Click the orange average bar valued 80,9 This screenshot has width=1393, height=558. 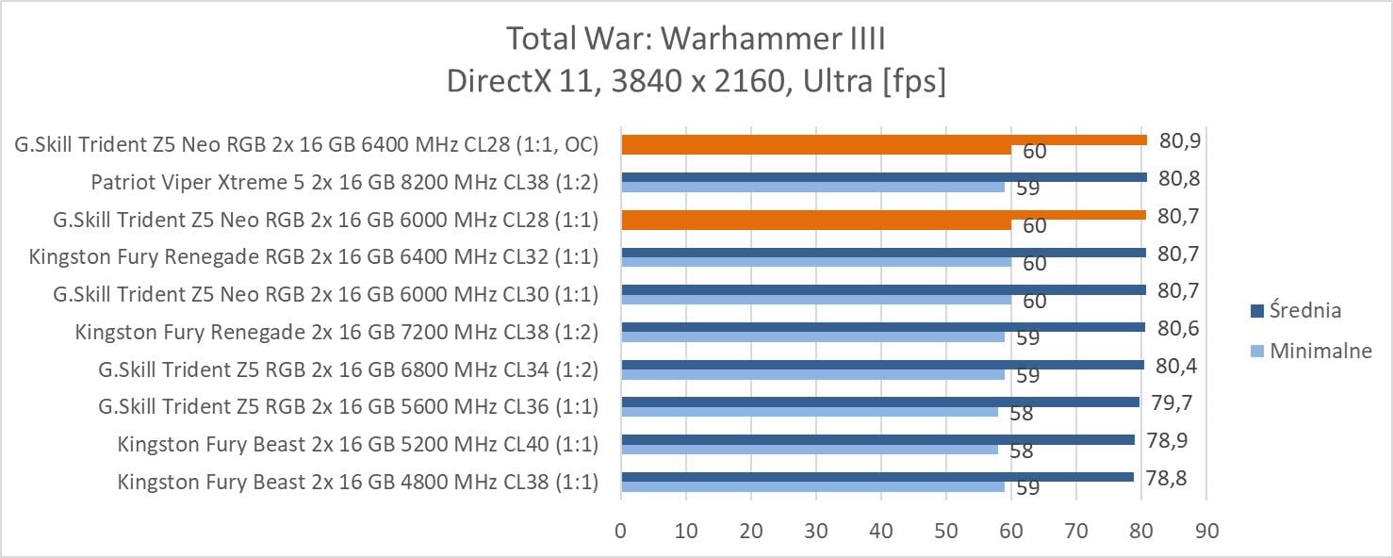[883, 139]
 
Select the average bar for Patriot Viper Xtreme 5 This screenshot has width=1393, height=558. [883, 177]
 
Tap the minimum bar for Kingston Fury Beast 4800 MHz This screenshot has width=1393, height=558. [812, 486]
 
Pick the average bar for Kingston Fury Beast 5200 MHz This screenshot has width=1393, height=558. [877, 439]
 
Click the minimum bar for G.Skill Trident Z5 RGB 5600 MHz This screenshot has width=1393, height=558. [809, 411]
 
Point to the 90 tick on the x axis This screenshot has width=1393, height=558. [1206, 532]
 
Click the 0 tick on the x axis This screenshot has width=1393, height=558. [620, 532]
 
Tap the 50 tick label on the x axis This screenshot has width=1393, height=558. [945, 532]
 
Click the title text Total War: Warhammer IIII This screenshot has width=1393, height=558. [696, 40]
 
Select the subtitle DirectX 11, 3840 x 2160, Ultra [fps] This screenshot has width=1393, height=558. [696, 81]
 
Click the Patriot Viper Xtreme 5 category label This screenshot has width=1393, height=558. [344, 182]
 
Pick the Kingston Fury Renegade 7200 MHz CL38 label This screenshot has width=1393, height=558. [336, 332]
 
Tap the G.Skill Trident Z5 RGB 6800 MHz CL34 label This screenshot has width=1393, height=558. [348, 369]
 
